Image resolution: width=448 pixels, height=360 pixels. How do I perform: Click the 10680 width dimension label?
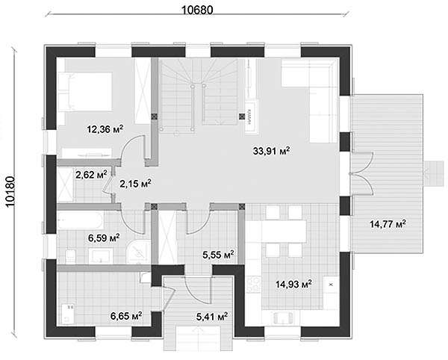[197, 10]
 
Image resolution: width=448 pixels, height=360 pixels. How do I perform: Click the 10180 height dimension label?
[10, 191]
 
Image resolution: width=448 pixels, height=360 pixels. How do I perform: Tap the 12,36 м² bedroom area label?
[105, 129]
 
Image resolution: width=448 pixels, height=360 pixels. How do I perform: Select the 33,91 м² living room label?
[272, 150]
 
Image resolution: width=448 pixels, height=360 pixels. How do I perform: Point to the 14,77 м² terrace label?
[388, 223]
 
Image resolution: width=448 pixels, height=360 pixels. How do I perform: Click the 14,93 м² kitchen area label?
[293, 284]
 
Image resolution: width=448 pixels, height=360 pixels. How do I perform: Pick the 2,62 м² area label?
[91, 174]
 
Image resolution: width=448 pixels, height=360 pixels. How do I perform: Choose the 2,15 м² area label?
[135, 184]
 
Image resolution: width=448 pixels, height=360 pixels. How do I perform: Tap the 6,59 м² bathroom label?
[104, 238]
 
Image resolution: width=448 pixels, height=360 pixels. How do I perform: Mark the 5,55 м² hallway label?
[219, 254]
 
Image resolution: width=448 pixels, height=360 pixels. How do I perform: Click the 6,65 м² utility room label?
[126, 316]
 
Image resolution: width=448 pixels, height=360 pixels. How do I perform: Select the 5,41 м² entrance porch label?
[212, 316]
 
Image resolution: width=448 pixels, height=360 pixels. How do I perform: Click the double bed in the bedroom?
[85, 91]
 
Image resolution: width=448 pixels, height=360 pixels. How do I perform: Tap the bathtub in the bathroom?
[80, 220]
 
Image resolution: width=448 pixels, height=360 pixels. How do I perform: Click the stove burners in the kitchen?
[253, 284]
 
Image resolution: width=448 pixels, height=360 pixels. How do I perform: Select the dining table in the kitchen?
[284, 231]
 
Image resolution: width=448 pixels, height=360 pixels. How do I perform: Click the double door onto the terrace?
[361, 173]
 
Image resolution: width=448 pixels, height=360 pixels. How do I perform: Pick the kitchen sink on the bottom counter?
[284, 317]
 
